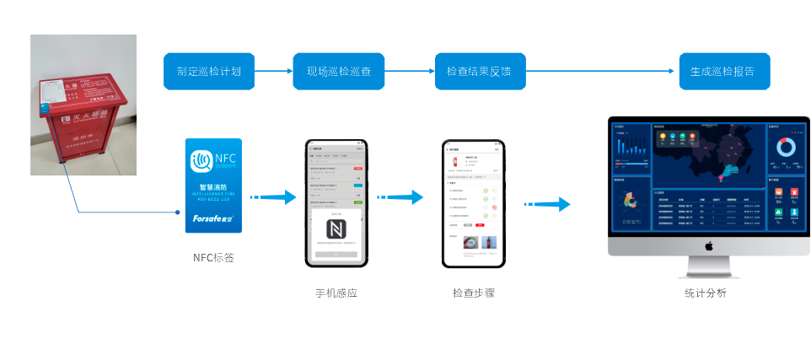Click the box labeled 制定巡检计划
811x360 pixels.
pos(209,72)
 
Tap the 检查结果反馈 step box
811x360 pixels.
pos(479,72)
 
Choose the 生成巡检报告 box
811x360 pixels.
pos(723,72)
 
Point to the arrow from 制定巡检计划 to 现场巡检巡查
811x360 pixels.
pos(274,72)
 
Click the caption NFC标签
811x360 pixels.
pos(213,258)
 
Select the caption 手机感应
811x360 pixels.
pos(336,293)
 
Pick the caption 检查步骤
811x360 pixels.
pos(473,293)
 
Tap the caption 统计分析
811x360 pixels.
pos(705,293)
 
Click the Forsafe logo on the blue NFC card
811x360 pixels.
pos(212,218)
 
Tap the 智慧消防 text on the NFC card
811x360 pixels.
pos(212,187)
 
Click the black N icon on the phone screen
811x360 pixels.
pos(336,229)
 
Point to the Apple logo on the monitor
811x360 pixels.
pos(709,245)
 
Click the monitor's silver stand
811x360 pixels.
pos(709,267)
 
